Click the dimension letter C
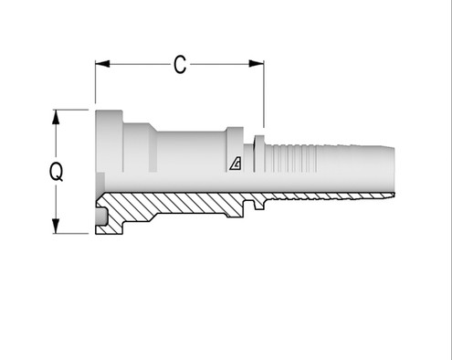[x=180, y=65]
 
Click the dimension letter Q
[x=57, y=172]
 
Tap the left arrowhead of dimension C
[x=102, y=64]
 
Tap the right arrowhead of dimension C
[x=257, y=64]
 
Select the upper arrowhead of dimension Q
[x=56, y=117]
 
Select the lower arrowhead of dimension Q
[x=56, y=226]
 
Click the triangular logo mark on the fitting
[x=236, y=164]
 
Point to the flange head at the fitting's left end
[x=109, y=141]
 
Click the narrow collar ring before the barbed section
[x=259, y=154]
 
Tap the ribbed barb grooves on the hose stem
[x=290, y=158]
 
